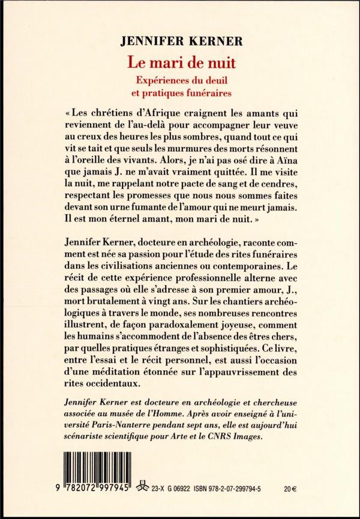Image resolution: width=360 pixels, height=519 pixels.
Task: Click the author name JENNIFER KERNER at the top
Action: coord(179,42)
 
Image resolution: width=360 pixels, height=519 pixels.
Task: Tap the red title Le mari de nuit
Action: coord(180,62)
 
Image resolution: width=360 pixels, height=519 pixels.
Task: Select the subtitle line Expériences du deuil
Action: coord(180,80)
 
